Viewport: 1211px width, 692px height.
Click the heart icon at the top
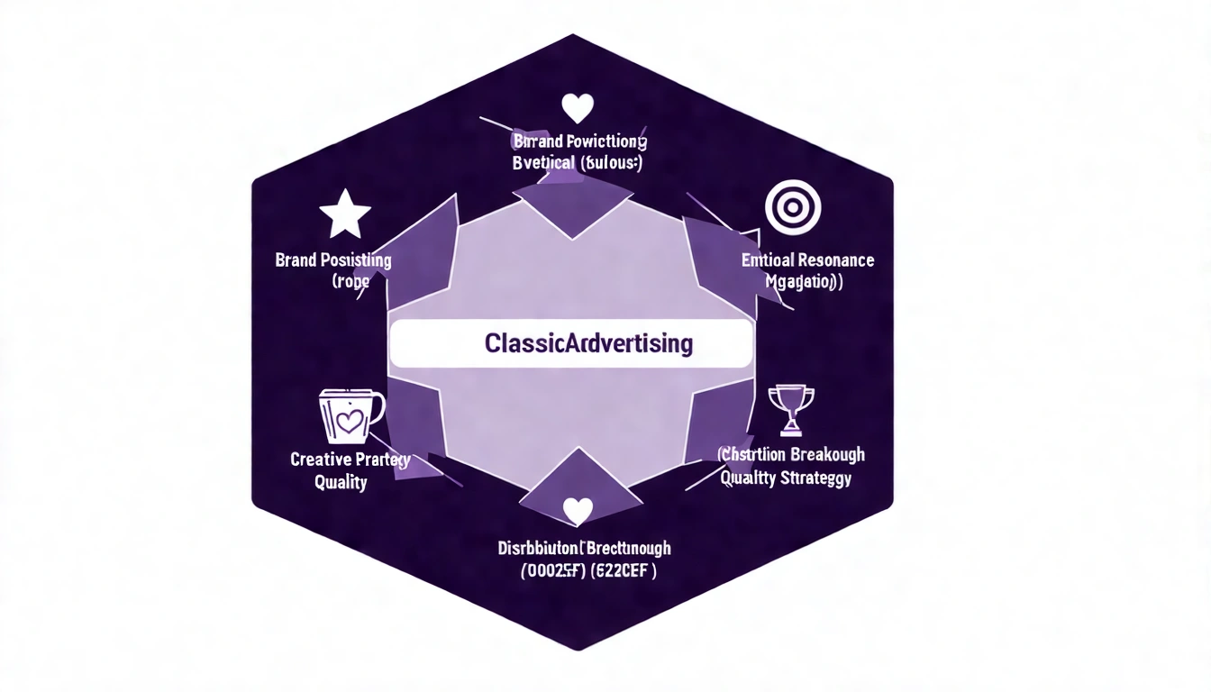click(x=578, y=108)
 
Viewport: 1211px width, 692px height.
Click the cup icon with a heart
click(x=351, y=415)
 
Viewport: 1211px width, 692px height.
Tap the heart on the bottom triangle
click(x=578, y=511)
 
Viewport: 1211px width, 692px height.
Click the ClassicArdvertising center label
click(x=588, y=343)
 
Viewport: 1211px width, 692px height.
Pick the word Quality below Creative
click(x=341, y=482)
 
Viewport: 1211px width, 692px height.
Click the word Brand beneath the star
click(x=296, y=260)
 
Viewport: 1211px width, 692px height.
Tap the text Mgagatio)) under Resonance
click(x=804, y=281)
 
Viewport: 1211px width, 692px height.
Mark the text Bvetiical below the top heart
click(x=543, y=163)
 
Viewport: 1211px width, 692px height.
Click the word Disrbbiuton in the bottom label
click(x=538, y=548)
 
